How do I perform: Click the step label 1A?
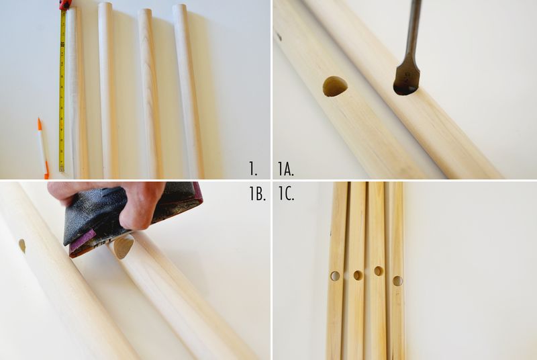(x=286, y=169)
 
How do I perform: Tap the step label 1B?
(x=257, y=194)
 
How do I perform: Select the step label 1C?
(x=286, y=194)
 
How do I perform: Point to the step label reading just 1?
(x=253, y=169)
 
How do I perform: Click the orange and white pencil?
(x=42, y=148)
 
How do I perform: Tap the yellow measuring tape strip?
(x=62, y=89)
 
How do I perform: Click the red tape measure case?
(x=64, y=5)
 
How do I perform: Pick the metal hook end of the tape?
(x=62, y=169)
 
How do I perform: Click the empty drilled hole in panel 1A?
(x=335, y=87)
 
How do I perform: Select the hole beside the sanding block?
(x=124, y=247)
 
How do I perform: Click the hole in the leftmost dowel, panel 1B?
(x=22, y=246)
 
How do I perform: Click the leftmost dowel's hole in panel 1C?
(x=335, y=276)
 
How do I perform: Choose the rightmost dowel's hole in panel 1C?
(x=397, y=281)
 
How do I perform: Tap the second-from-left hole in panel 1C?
(x=358, y=275)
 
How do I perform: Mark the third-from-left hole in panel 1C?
(x=379, y=271)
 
